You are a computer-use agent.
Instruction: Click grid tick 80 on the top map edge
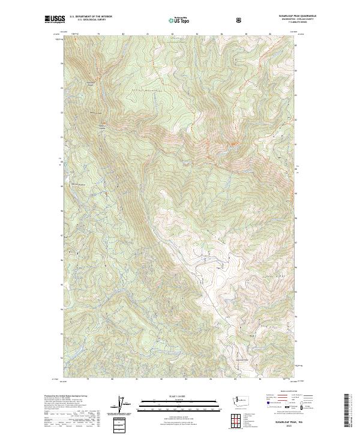pyautogui.click(x=123, y=34)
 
